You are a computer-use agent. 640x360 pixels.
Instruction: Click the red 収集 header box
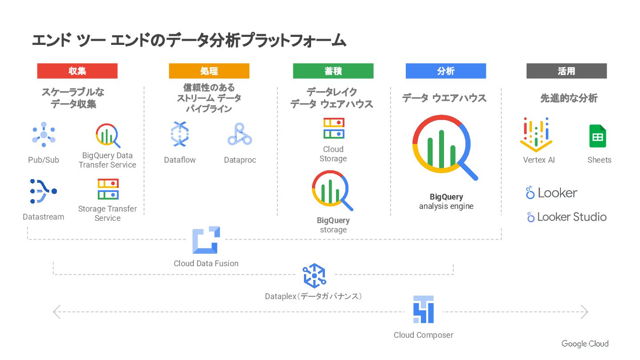pos(77,71)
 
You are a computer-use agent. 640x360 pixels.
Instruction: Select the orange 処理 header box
pos(209,71)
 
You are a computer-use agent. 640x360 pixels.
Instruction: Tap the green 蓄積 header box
pos(333,71)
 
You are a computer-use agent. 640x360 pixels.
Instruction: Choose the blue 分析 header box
pos(446,71)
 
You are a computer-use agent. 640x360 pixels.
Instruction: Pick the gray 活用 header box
pos(566,71)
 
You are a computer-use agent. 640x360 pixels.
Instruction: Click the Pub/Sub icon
pos(44,135)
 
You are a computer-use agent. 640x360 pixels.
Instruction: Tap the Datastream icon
pos(43,192)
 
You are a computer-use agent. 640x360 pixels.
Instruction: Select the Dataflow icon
pos(180,134)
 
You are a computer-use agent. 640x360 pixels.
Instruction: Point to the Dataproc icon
pos(240,134)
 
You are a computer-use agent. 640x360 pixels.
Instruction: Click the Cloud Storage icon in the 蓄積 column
pos(333,128)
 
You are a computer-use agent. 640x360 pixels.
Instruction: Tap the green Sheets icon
pos(598,136)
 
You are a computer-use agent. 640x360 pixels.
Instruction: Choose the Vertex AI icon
pos(536,135)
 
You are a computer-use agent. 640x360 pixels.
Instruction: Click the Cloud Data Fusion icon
pos(206,240)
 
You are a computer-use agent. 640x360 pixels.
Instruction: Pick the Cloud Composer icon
pos(423,309)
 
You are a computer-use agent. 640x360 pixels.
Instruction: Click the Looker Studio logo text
pos(567,217)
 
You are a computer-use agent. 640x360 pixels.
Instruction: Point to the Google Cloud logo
pos(585,344)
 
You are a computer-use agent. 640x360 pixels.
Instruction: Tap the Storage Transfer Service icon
pos(108,189)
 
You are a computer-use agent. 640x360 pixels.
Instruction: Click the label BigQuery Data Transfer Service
pos(108,160)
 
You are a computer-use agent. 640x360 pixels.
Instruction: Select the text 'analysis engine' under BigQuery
pos(446,206)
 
